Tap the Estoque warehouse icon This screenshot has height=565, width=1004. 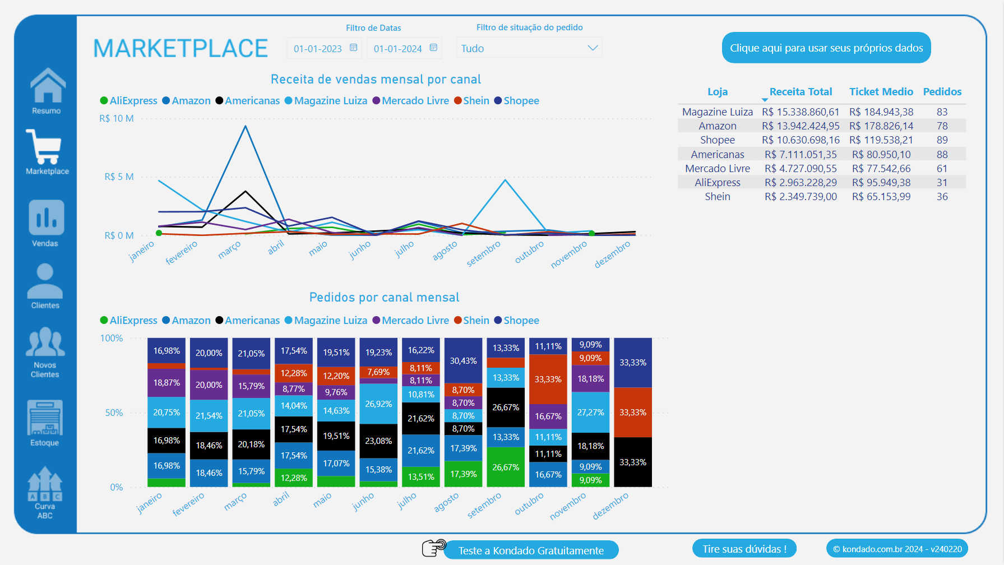[x=45, y=418]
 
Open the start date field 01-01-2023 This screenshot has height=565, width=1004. [x=318, y=49]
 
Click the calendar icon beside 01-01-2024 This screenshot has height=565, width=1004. [x=433, y=48]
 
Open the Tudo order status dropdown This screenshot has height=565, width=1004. [x=529, y=49]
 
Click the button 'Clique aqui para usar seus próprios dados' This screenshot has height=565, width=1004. [x=826, y=48]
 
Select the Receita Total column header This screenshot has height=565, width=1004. [x=800, y=92]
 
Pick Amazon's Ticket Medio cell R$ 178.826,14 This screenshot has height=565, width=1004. [x=881, y=126]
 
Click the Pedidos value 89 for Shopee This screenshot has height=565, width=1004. [x=942, y=140]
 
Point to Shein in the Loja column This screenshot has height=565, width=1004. [x=717, y=197]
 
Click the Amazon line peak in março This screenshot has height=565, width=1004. [x=246, y=126]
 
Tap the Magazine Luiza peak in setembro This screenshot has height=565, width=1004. [x=505, y=180]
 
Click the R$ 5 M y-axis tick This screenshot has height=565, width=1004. [x=119, y=177]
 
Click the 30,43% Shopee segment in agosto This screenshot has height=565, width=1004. [x=463, y=360]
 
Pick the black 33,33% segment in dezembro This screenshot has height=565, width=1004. [x=632, y=462]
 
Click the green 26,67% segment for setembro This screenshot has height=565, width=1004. [x=505, y=467]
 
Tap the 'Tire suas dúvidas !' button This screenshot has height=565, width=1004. [x=744, y=549]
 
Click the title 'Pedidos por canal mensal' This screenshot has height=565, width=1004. [x=384, y=298]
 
